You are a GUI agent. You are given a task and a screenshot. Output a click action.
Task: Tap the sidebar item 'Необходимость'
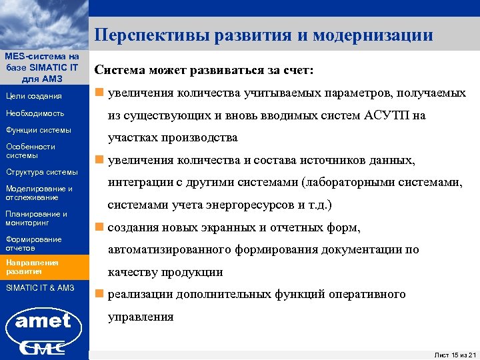pyautogui.click(x=35, y=113)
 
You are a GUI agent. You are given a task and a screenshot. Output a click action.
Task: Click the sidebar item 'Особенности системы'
pyautogui.click(x=30, y=151)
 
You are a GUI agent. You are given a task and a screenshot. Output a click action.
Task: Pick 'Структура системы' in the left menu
pyautogui.click(x=41, y=172)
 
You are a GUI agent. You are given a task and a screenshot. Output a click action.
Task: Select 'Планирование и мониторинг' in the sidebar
pyautogui.click(x=36, y=218)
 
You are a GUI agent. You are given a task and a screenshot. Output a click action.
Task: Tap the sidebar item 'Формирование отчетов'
pyautogui.click(x=33, y=243)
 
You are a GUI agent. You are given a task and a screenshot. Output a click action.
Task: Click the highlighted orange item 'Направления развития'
pyautogui.click(x=33, y=267)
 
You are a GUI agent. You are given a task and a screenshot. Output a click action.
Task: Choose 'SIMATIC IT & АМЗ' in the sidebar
pyautogui.click(x=40, y=287)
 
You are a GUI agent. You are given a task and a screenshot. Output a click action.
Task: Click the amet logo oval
pyautogui.click(x=43, y=321)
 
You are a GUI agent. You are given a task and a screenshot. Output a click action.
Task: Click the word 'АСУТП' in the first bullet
pyautogui.click(x=389, y=115)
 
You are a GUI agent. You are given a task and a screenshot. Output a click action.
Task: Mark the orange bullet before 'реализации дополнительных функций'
pyautogui.click(x=99, y=294)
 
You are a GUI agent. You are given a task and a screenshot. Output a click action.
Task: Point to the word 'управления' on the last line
pyautogui.click(x=141, y=317)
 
